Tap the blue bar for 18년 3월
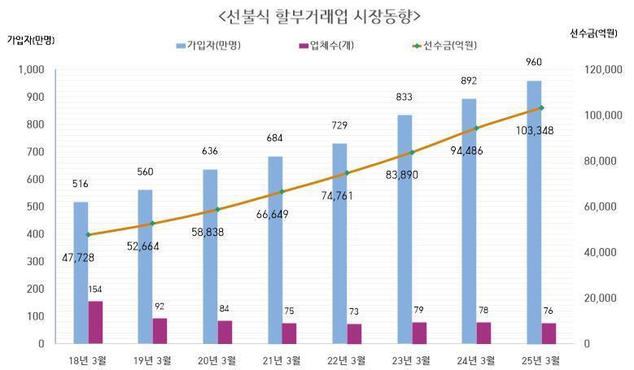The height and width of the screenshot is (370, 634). point(81,272)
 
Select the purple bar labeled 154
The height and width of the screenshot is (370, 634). point(96,322)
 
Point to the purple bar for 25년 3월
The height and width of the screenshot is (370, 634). point(549,333)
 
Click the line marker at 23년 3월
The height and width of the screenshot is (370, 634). point(413,152)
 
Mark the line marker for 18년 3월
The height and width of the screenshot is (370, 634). point(88,235)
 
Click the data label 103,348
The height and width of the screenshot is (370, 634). point(540,130)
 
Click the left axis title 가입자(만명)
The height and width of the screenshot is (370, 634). point(31,39)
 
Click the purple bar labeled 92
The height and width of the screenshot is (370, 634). point(160,330)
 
